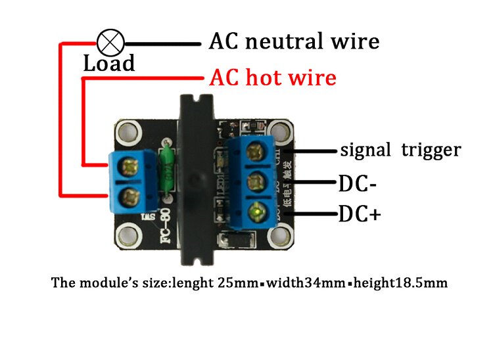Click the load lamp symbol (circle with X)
[x=110, y=43]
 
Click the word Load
[x=109, y=64]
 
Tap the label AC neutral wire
[x=294, y=41]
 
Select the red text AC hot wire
[x=273, y=78]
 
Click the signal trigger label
[x=400, y=150]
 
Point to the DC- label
[x=358, y=183]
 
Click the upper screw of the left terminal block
[x=131, y=164]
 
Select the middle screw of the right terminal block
[x=256, y=181]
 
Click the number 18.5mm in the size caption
[x=422, y=284]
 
